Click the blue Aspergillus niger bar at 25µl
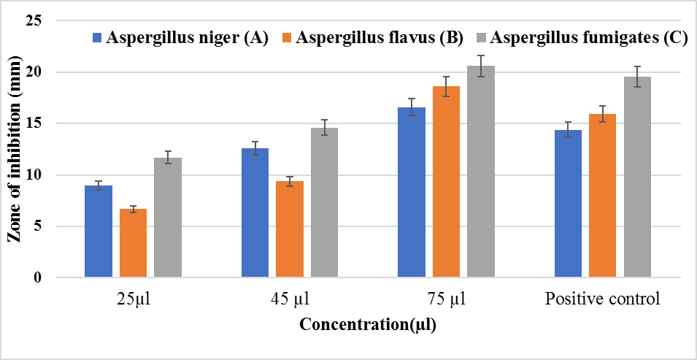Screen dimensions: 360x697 pos(99,231)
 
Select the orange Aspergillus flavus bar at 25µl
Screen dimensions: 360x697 pos(134,243)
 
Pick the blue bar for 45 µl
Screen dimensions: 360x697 pos(255,212)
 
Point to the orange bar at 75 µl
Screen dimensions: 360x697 pos(447,182)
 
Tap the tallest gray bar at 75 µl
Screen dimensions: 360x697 pos(481,172)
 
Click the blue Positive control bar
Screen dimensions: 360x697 pos(569,204)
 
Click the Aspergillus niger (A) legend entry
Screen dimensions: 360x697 pos(180,38)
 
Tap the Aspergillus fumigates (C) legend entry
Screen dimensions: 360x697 pos(580,38)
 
